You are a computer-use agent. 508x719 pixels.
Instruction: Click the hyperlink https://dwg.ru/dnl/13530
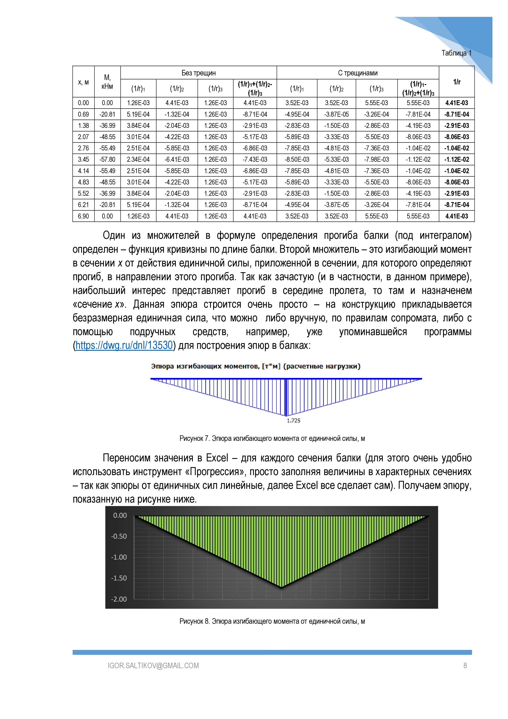(124, 345)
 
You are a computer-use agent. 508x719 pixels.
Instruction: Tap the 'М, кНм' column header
(107, 82)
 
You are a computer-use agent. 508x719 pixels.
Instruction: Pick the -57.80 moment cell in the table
(107, 159)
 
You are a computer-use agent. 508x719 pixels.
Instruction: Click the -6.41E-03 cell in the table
(177, 159)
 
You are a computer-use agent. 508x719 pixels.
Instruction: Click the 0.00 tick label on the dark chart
(120, 515)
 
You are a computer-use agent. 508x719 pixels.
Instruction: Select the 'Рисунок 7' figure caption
(272, 438)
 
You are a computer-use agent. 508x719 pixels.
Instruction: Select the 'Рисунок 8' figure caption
(272, 621)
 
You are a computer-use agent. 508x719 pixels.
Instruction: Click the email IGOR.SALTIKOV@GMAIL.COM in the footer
(153, 666)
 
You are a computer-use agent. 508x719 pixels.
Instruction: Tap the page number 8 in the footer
(465, 666)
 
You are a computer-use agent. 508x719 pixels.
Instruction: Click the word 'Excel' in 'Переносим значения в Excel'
(217, 458)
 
